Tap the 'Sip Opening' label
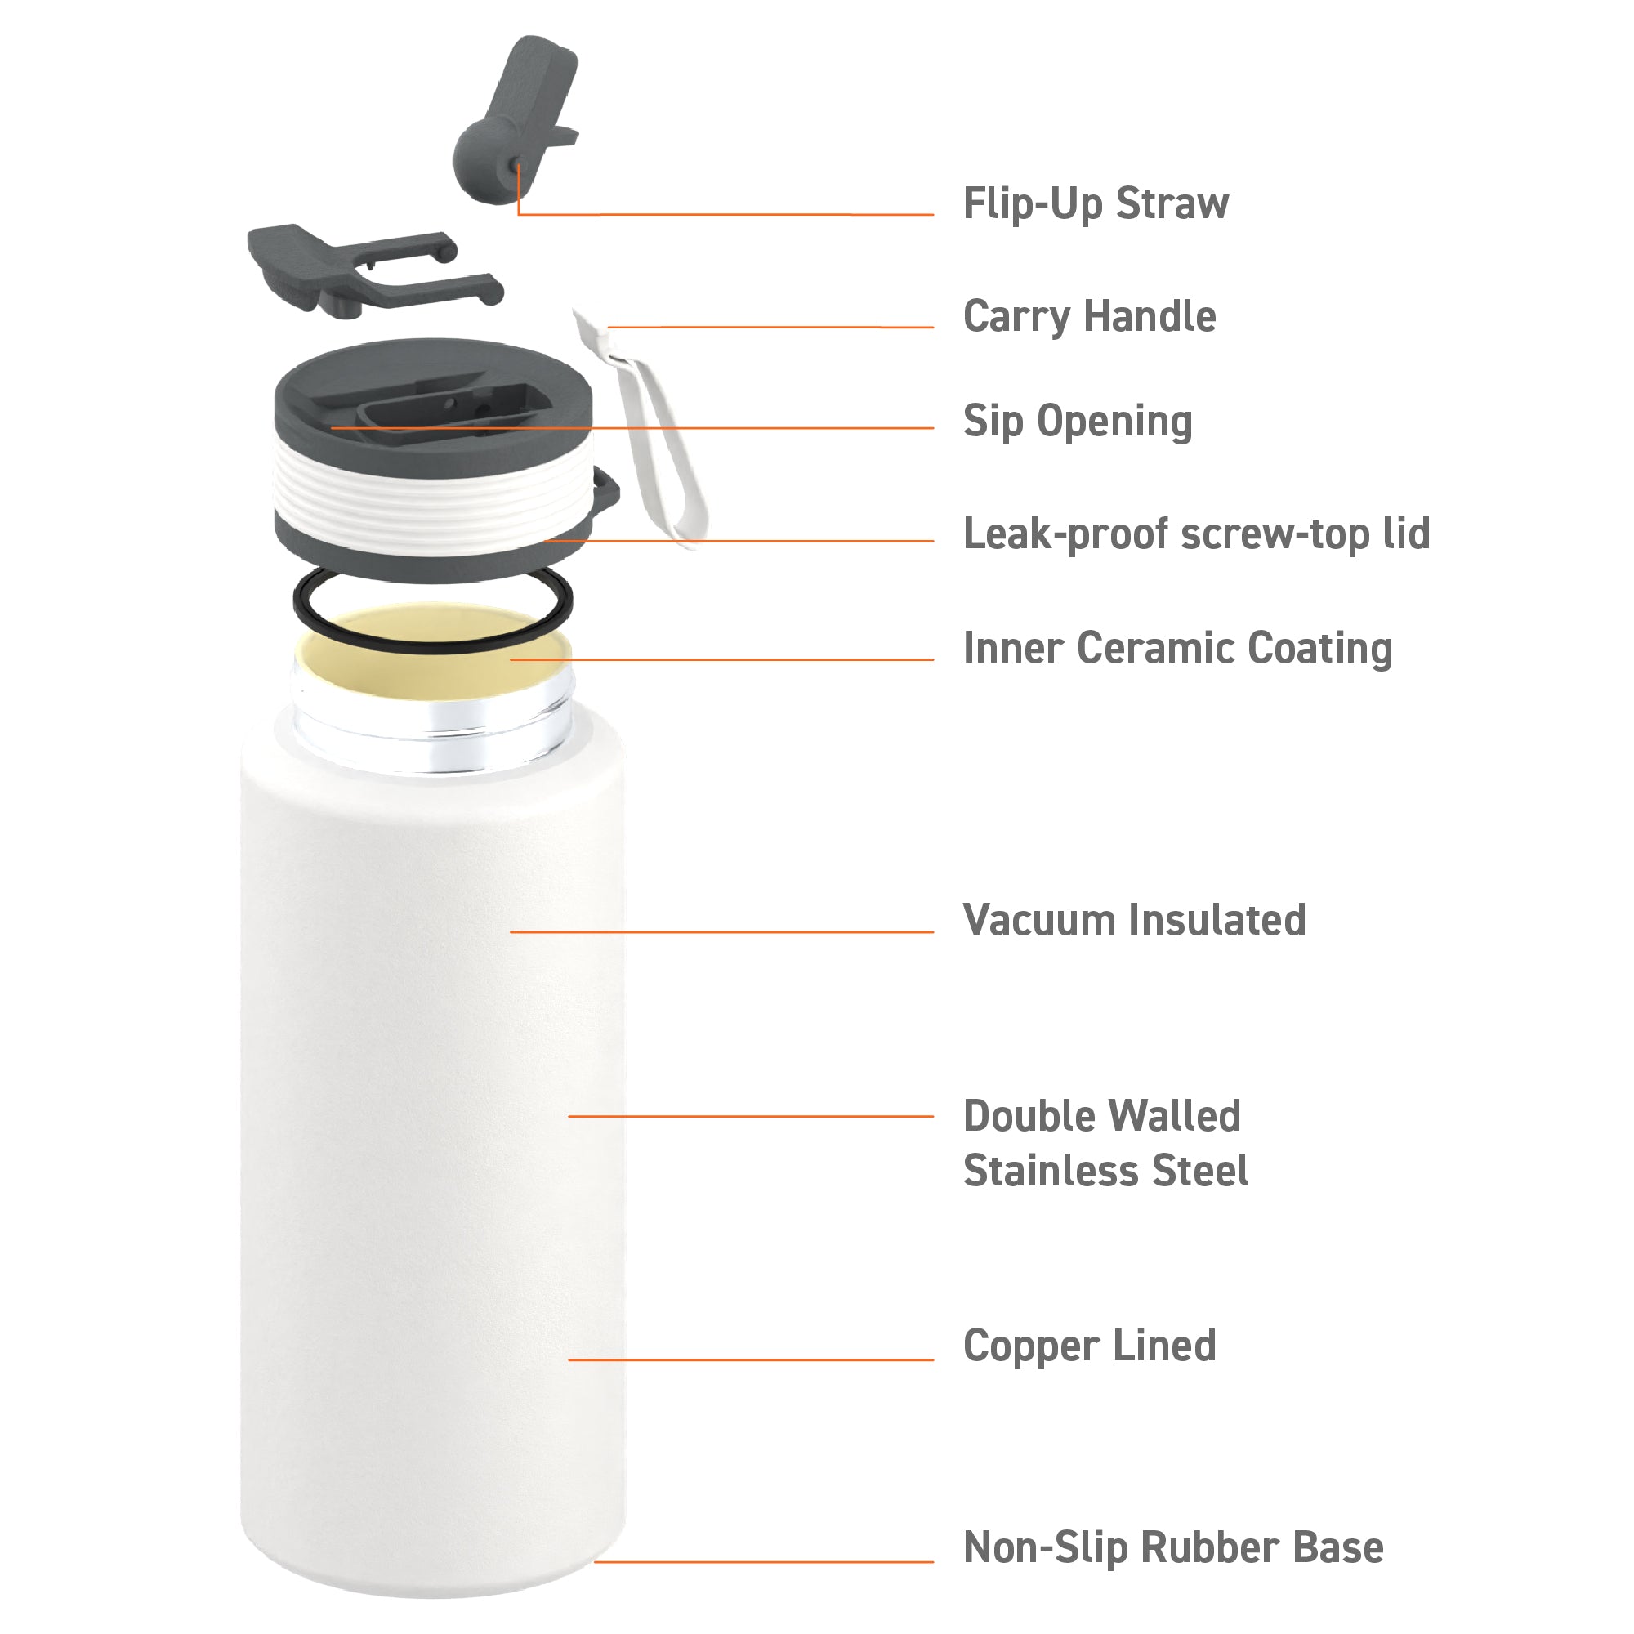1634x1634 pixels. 1078,422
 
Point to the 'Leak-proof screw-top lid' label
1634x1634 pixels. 1197,534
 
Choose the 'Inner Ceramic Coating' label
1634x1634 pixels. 1177,649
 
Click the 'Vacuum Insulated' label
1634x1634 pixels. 1134,920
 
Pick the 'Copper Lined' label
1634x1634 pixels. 1089,1346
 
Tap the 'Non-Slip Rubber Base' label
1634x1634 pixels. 1173,1547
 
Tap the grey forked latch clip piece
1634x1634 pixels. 372,269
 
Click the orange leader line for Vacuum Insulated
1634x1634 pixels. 721,932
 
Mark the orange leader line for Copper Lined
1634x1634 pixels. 750,1360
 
